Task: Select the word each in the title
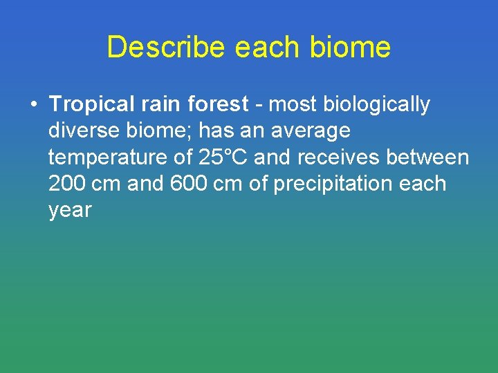[264, 48]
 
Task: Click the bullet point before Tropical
[33, 105]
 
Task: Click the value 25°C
[223, 157]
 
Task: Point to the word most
[288, 105]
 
